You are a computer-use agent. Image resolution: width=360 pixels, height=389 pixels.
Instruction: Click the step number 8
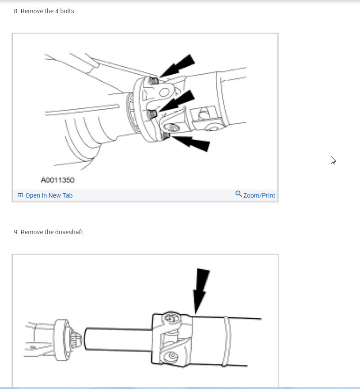click(x=16, y=11)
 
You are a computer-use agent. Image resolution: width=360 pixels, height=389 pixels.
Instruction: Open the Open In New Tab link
click(x=49, y=195)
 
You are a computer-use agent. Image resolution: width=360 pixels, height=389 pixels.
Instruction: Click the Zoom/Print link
click(x=259, y=195)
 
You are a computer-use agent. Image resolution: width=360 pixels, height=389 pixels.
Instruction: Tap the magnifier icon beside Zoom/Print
click(x=239, y=194)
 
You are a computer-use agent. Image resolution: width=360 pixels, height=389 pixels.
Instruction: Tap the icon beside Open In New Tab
click(x=20, y=195)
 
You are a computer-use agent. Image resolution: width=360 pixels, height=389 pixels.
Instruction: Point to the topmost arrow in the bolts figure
click(x=179, y=65)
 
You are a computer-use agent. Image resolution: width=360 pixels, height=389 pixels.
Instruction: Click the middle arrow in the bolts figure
click(x=178, y=100)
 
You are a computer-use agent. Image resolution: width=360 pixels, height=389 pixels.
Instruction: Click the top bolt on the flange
click(x=154, y=80)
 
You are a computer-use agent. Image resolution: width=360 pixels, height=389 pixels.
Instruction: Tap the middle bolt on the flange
click(x=151, y=114)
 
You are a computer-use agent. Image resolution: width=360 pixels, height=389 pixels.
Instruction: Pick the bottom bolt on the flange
click(x=166, y=135)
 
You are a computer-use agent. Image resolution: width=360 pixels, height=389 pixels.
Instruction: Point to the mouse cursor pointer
click(x=333, y=160)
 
